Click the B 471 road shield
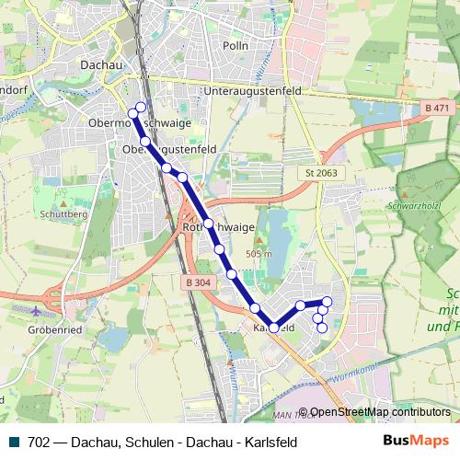438,109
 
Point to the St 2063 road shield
318,173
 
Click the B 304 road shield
197,282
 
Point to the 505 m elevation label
260,253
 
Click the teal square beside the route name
10,442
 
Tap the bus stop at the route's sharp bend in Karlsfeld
273,327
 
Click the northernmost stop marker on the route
140,106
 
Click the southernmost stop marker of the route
321,328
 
